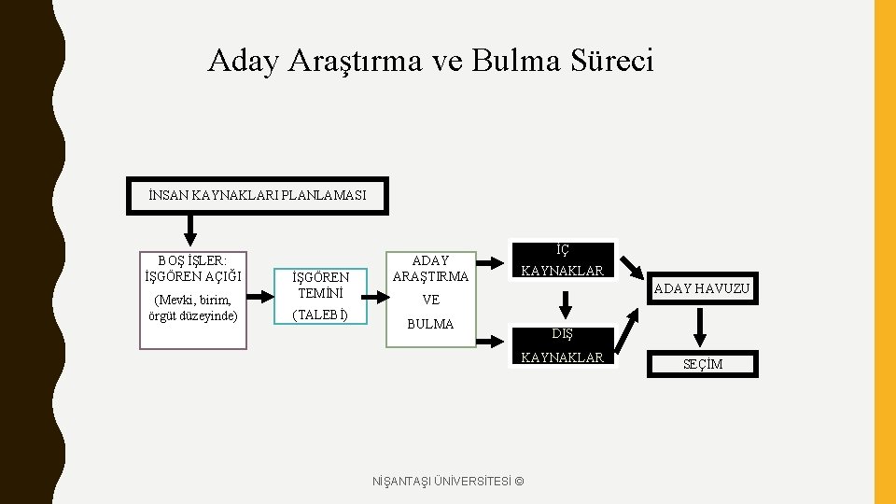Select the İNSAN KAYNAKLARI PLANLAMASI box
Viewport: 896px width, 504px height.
click(257, 196)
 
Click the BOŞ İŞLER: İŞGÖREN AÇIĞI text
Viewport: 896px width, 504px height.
click(193, 268)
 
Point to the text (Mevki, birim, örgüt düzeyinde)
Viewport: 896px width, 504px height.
click(193, 307)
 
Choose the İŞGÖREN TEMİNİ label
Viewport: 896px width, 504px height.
click(320, 285)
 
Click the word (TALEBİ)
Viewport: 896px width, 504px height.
click(320, 315)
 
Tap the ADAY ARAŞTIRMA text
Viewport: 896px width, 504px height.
click(430, 269)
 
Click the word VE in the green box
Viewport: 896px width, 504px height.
click(430, 300)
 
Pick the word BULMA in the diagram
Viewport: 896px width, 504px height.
click(430, 324)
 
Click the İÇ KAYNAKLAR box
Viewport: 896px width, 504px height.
click(563, 261)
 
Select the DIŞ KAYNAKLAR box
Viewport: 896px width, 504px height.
click(563, 345)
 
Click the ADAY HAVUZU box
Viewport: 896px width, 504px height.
click(701, 289)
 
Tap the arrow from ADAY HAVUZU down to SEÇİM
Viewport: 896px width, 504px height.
click(701, 328)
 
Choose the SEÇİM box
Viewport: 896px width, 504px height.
click(703, 364)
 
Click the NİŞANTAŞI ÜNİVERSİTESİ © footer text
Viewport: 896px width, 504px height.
click(448, 481)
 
